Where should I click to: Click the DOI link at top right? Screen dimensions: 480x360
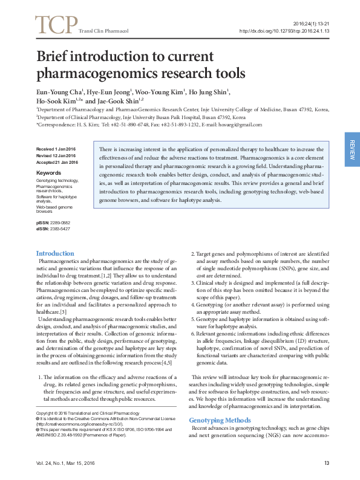pos(284,30)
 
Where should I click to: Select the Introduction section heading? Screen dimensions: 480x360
pos(55,253)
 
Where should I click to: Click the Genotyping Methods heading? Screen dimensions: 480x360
pos(220,420)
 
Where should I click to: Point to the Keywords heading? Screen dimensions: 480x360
pos(49,172)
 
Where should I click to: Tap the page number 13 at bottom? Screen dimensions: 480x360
pos(326,463)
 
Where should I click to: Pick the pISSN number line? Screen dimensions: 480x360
pos(53,223)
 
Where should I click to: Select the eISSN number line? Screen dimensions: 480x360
pos(53,229)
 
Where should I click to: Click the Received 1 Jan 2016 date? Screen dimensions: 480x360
pos(56,149)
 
